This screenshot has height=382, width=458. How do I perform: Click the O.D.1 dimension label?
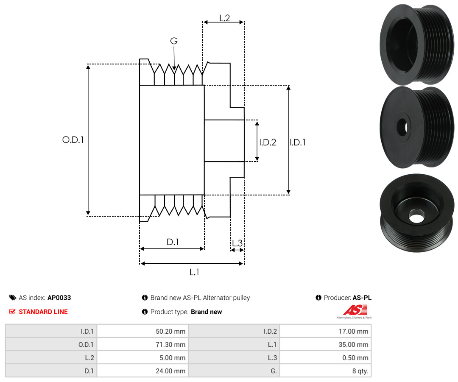73,140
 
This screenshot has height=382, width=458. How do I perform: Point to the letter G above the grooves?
174,41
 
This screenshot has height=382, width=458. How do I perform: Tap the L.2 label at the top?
225,18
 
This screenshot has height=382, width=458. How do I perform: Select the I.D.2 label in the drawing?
268,142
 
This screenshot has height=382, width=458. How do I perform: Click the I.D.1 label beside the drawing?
298,142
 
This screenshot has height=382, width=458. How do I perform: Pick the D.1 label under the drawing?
173,242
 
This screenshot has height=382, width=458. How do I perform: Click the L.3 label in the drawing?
237,243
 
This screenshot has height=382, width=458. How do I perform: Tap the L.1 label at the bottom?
194,272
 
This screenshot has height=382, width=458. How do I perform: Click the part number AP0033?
59,298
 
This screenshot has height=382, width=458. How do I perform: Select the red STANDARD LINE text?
43,312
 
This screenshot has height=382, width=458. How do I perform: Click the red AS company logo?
355,310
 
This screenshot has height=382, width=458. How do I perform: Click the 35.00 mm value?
353,345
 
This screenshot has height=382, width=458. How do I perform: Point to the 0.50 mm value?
355,358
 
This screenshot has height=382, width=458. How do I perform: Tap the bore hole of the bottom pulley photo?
416,217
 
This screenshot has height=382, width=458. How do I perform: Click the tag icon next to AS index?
13,298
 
